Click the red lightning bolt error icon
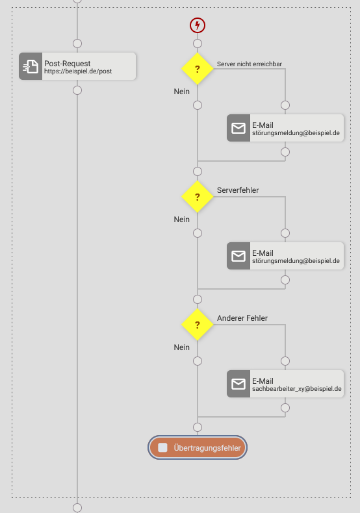[x=198, y=25]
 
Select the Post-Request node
[x=77, y=66]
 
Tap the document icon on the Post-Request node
[x=31, y=66]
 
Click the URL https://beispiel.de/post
[x=78, y=71]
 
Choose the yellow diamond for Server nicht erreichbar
[x=198, y=69]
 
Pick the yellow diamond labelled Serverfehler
[x=198, y=197]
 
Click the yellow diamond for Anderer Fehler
[x=198, y=325]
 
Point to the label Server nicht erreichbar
[x=250, y=64]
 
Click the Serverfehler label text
[x=238, y=190]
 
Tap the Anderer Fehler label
[x=242, y=318]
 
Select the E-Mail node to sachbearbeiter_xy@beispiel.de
[x=285, y=384]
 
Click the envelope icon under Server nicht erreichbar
[x=238, y=128]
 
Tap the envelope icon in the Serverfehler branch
[x=238, y=256]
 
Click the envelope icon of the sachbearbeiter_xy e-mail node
[x=238, y=384]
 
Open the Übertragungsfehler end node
[x=198, y=447]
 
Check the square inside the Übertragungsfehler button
[x=162, y=447]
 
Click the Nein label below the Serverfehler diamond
[x=182, y=219]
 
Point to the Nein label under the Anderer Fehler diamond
[x=182, y=347]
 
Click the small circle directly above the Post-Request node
[x=77, y=44]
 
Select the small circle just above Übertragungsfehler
[x=198, y=427]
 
